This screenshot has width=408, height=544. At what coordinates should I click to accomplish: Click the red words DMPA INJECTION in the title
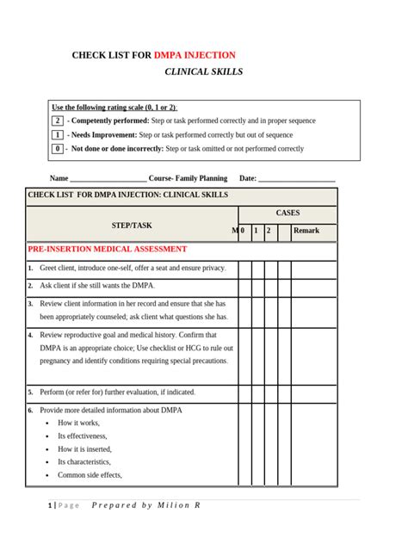[195, 54]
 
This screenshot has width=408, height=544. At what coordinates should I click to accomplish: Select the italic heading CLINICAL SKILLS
[203, 71]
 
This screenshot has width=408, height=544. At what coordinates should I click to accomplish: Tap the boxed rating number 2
[57, 121]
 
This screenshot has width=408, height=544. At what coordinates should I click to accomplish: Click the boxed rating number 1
[57, 135]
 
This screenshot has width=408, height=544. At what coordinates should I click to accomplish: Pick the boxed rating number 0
[57, 149]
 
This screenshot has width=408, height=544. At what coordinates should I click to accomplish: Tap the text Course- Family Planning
[189, 178]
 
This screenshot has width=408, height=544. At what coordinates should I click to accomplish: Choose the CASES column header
[287, 213]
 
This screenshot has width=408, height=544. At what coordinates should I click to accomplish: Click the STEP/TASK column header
[131, 226]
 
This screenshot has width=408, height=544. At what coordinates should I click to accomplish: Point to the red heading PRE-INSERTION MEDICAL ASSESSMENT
[108, 250]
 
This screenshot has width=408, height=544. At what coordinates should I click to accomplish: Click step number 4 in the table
[30, 335]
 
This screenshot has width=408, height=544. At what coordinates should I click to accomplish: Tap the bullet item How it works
[78, 423]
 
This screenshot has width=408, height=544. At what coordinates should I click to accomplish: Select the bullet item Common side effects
[90, 474]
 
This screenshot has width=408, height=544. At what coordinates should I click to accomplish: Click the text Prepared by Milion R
[145, 505]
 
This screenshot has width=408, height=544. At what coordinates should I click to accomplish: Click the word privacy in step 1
[209, 269]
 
